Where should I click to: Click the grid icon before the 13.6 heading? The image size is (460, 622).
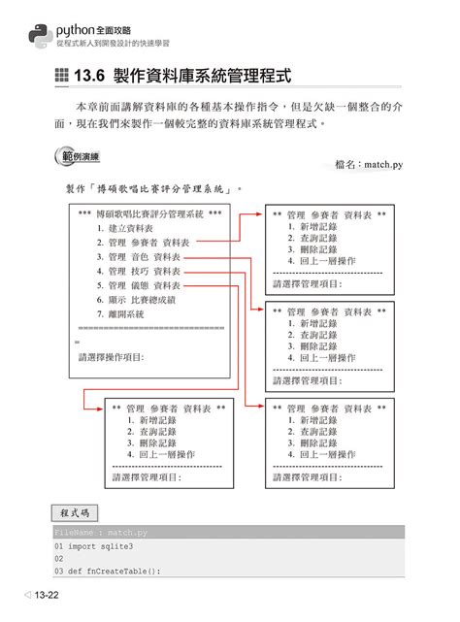click(x=63, y=77)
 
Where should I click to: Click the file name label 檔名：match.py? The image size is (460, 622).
click(x=368, y=166)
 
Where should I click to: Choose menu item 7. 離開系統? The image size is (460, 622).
click(x=120, y=314)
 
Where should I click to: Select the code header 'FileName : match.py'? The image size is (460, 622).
click(x=102, y=533)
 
